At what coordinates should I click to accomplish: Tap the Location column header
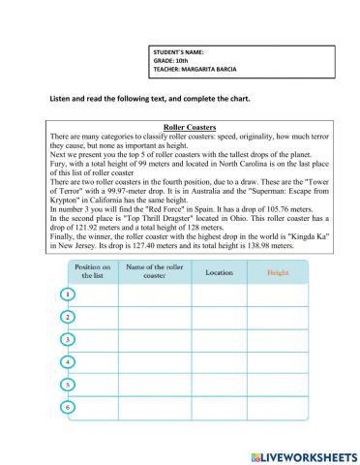click(219, 272)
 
